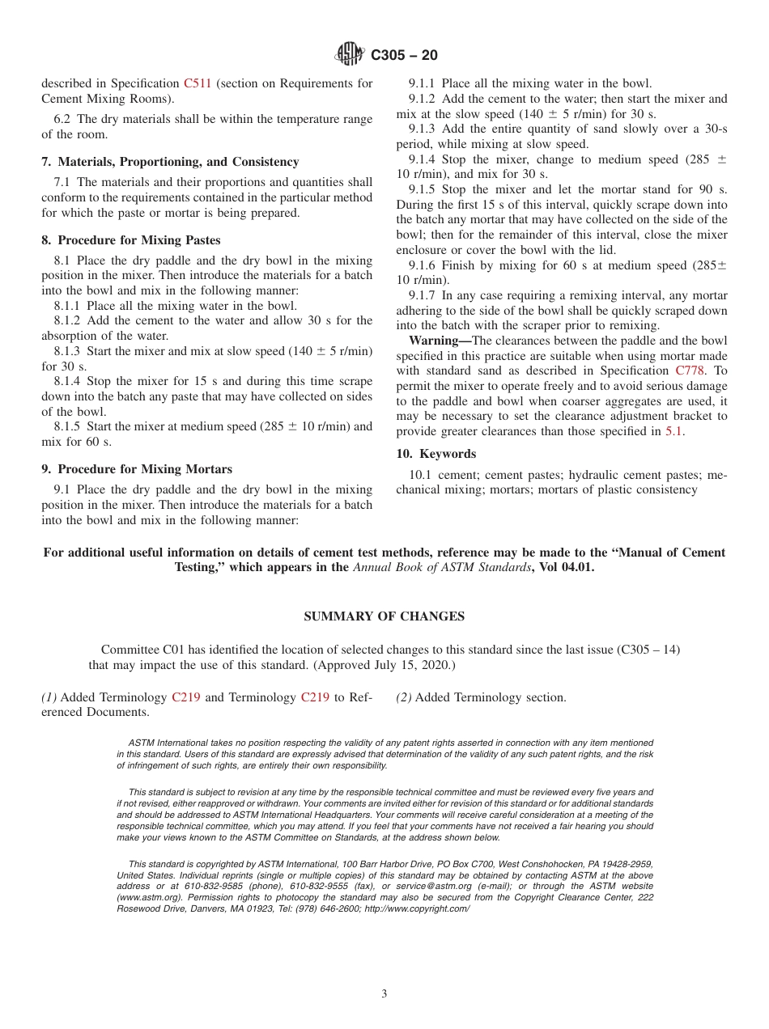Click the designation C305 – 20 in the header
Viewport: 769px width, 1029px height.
404,55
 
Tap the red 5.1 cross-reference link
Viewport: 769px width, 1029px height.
673,431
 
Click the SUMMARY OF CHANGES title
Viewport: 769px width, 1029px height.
384,616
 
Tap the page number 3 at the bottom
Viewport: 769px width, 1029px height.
384,993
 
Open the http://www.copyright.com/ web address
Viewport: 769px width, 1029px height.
417,908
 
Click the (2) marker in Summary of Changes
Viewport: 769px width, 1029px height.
403,697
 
